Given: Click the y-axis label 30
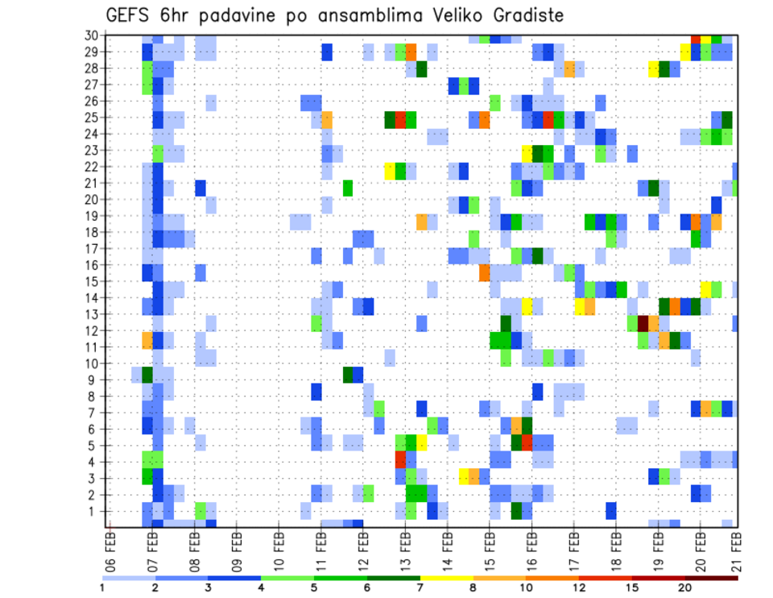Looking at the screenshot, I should (92, 35).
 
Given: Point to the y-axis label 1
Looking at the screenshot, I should (95, 511).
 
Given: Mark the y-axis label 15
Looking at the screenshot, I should (92, 281).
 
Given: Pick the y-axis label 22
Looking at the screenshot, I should (92, 167).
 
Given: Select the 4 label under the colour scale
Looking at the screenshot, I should (260, 588).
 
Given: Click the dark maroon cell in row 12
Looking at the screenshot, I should (643, 323).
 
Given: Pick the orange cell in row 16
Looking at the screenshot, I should (485, 273).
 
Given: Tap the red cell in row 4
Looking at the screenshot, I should (400, 459).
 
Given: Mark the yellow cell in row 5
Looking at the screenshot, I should (421, 442).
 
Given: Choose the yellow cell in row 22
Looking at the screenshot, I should (390, 171).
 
